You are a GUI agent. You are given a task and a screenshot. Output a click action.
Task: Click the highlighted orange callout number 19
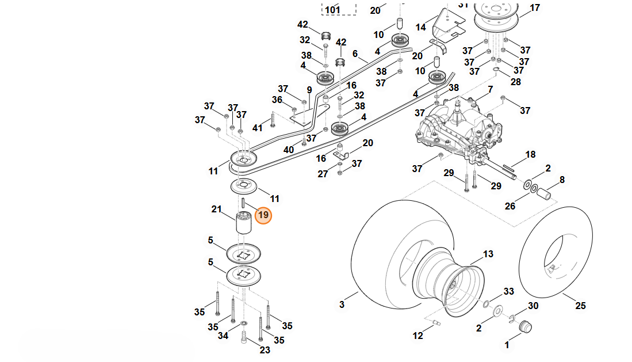click(x=263, y=215)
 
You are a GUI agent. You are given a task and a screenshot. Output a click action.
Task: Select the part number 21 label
click(x=216, y=209)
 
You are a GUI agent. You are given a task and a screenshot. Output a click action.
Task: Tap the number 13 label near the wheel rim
click(x=488, y=254)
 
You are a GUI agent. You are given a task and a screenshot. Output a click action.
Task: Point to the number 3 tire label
click(x=342, y=304)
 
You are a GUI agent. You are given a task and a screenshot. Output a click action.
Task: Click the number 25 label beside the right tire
click(x=580, y=306)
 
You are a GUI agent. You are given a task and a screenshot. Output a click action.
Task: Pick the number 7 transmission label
click(x=490, y=90)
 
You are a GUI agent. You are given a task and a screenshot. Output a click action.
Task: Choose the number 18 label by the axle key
click(x=530, y=154)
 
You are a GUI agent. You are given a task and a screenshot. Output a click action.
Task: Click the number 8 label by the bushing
click(x=562, y=180)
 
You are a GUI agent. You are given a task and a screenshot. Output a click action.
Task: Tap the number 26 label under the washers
click(x=510, y=206)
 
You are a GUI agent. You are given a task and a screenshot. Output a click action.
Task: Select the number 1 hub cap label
click(x=507, y=345)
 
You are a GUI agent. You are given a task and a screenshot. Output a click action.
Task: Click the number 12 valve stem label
click(x=417, y=336)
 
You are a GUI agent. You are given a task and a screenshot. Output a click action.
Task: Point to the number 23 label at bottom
click(x=265, y=349)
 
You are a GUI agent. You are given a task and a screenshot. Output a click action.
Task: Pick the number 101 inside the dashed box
click(x=332, y=10)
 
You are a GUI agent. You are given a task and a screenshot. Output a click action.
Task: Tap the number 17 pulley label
click(x=535, y=8)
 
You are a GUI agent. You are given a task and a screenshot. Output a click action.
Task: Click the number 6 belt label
click(x=355, y=54)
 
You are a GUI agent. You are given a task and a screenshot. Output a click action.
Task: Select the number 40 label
click(x=289, y=150)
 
